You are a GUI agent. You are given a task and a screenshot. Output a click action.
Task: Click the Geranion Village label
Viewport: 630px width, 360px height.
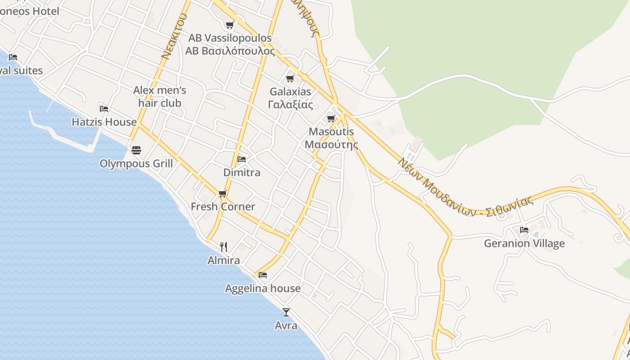tap(524, 243)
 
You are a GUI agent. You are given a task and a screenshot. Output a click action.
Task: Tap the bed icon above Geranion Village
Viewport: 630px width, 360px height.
tap(524, 230)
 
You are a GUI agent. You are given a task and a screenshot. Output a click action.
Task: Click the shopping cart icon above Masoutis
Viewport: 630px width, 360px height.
tap(331, 119)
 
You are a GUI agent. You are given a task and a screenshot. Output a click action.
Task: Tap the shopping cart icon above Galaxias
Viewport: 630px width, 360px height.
tap(290, 79)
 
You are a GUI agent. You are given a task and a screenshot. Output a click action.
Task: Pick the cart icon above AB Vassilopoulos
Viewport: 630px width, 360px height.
tap(230, 25)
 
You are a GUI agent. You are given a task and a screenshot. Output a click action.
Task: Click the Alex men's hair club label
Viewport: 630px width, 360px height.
tap(160, 97)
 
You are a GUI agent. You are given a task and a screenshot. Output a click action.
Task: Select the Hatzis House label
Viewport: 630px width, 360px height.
tap(104, 122)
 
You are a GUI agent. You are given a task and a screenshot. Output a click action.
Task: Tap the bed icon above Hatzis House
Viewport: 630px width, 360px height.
tap(104, 108)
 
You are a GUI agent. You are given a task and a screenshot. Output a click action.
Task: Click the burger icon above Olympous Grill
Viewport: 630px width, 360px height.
tap(136, 150)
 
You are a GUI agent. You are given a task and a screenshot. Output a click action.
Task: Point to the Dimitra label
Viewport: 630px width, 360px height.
tap(242, 172)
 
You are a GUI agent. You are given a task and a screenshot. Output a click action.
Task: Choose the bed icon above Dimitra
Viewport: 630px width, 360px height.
tap(242, 159)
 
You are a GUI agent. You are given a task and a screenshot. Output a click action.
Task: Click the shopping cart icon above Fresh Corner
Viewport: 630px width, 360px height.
tap(223, 193)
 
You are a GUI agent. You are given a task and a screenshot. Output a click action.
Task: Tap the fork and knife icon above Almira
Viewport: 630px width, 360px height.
tap(224, 247)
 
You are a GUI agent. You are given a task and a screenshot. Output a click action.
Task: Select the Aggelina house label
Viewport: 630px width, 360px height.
tap(263, 288)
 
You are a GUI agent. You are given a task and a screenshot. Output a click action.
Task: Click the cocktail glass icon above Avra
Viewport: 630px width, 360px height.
tap(286, 312)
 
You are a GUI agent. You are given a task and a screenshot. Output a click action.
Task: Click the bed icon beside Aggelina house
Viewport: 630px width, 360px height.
tap(263, 274)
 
